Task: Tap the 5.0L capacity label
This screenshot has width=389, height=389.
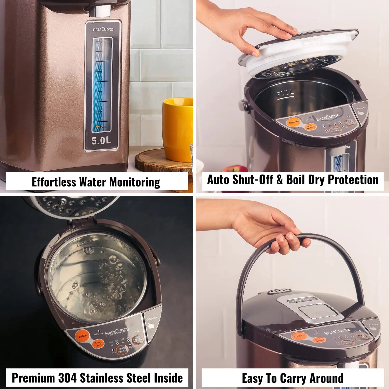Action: pyautogui.click(x=101, y=141)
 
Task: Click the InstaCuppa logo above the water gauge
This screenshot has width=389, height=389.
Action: pyautogui.click(x=103, y=29)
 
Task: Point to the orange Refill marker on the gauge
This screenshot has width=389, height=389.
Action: pyautogui.click(x=98, y=127)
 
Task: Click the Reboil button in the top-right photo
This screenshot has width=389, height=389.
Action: pyautogui.click(x=293, y=122)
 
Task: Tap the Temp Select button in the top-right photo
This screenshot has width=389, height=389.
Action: pyautogui.click(x=310, y=127)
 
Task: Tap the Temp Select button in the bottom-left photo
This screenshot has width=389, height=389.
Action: pyautogui.click(x=98, y=344)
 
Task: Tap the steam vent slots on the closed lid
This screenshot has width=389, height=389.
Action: pyautogui.click(x=279, y=291)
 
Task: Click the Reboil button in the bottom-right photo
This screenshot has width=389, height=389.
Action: pyautogui.click(x=299, y=336)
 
